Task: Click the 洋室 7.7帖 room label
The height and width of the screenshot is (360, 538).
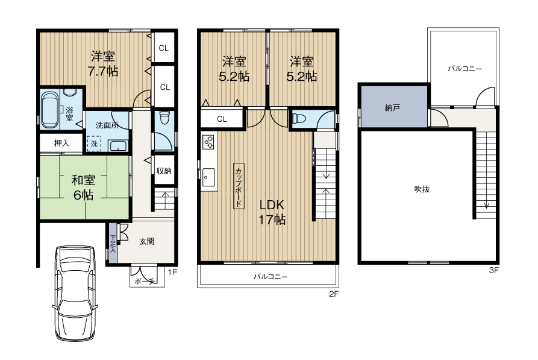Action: (x=103, y=63)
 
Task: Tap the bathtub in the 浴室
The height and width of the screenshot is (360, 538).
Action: (x=50, y=110)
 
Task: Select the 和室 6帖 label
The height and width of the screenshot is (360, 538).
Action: (x=83, y=188)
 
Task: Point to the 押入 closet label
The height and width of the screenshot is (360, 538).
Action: (x=62, y=143)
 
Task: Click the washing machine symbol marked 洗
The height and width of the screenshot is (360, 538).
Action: (x=94, y=144)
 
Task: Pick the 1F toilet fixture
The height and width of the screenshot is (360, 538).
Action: (x=164, y=118)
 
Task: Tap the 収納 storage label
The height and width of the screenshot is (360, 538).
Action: (x=164, y=171)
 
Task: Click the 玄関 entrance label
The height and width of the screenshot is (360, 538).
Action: (x=146, y=241)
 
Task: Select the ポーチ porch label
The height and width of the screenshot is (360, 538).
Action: (x=145, y=282)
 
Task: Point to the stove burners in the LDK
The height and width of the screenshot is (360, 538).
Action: (x=208, y=142)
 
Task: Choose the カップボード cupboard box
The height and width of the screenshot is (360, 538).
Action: (x=239, y=186)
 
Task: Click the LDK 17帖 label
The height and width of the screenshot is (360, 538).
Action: (x=272, y=212)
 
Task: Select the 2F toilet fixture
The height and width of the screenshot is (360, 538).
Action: (x=298, y=119)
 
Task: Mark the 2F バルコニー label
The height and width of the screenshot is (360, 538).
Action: (x=271, y=277)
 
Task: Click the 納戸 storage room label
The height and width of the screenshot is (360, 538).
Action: (x=392, y=108)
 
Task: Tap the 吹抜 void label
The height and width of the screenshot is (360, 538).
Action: (x=422, y=189)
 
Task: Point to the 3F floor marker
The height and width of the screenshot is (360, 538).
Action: (x=494, y=270)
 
